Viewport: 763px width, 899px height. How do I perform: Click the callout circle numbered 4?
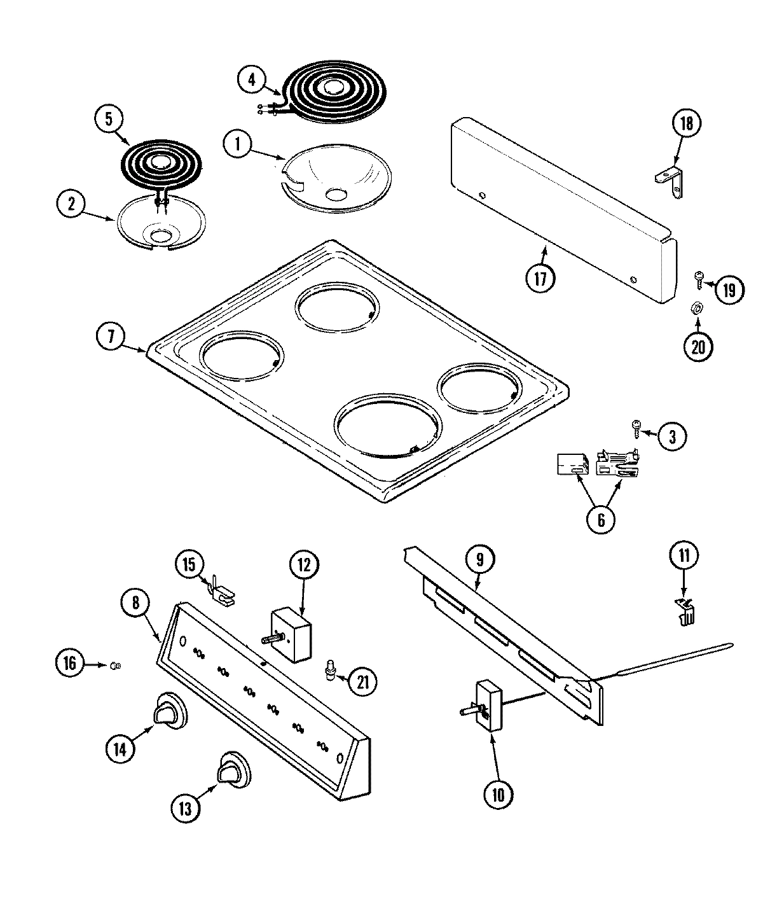(252, 80)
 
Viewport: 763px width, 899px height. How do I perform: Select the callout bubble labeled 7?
(111, 336)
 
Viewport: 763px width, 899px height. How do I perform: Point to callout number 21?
(362, 681)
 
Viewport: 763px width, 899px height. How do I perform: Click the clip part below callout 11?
(685, 613)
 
